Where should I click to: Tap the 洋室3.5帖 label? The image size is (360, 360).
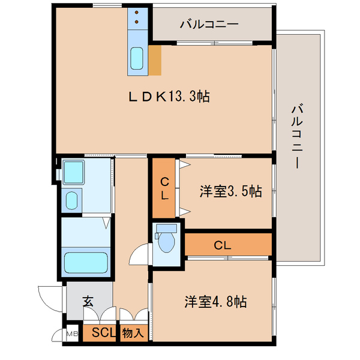230,191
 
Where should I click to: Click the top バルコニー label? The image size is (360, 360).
209,25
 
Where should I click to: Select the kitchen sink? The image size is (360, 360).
137,60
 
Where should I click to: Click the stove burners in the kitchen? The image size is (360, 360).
137,18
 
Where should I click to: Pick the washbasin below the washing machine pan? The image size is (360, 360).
73,199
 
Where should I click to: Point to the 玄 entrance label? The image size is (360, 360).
88,301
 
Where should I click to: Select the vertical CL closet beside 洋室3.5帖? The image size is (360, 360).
163,187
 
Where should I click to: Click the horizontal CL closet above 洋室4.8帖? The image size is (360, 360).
222,245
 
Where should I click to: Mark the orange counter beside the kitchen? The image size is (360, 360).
155,61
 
